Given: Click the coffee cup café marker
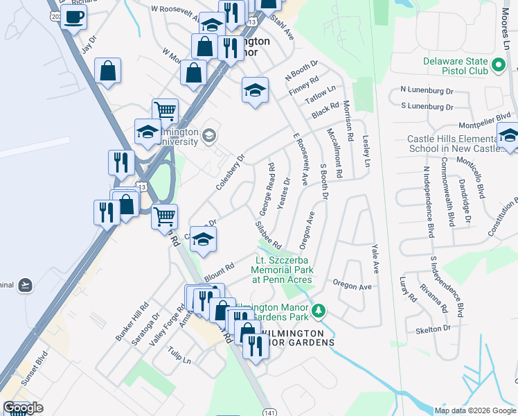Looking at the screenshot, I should click(x=74, y=17).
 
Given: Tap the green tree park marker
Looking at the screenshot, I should click(x=319, y=311).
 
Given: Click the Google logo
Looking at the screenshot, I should click(x=23, y=408).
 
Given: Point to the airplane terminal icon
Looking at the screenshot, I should click(x=25, y=284).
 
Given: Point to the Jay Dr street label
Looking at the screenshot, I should click(x=87, y=47).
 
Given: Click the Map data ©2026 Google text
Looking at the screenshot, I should click(x=474, y=410).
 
